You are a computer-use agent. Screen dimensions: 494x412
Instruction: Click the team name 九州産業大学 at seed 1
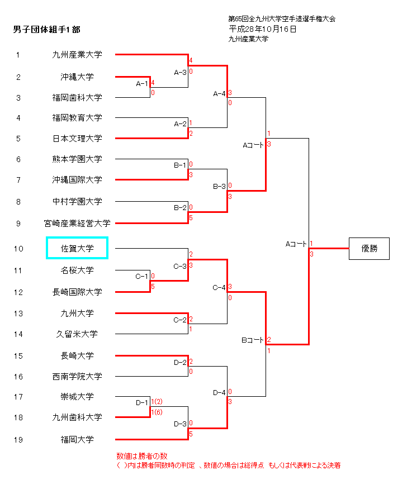[77, 55]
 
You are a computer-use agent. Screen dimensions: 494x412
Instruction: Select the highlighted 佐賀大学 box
[77, 249]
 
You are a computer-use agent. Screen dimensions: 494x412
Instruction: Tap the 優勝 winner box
[369, 249]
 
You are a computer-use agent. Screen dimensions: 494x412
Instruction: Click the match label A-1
[143, 84]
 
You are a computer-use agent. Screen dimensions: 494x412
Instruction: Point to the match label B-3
[219, 186]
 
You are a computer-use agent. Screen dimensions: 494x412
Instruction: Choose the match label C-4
[219, 288]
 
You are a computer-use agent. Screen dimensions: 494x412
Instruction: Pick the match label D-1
[143, 402]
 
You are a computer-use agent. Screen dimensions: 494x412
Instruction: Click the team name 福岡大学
[77, 440]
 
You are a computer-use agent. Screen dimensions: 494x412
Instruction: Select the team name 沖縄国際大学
[77, 180]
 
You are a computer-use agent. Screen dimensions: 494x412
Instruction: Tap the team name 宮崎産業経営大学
[77, 224]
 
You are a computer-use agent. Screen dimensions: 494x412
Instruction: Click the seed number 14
[18, 334]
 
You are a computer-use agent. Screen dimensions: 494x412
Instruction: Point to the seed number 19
[18, 440]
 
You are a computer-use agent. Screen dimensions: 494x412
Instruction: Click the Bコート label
[252, 340]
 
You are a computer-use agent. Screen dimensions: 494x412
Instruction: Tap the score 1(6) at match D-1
[157, 412]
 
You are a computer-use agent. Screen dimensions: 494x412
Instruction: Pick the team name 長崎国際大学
[77, 292]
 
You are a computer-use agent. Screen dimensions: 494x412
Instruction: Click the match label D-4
[219, 392]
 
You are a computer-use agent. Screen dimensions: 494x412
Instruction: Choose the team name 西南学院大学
[77, 377]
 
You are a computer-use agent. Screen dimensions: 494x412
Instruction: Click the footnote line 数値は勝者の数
[142, 456]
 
